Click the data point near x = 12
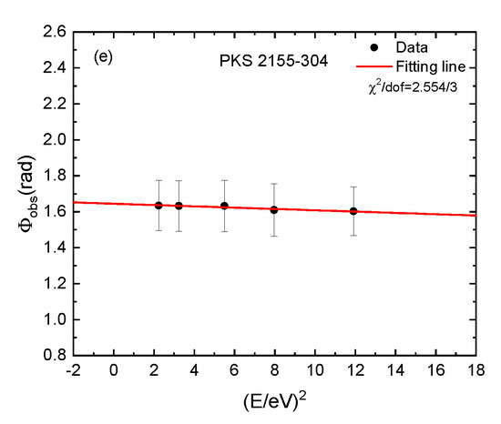(353, 211)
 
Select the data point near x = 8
(274, 209)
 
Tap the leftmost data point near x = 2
(158, 205)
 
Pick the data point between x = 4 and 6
(224, 206)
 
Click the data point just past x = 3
(179, 206)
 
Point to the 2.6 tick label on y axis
(55, 32)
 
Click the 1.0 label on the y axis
(55, 319)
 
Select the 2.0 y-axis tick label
(55, 140)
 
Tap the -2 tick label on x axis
(73, 370)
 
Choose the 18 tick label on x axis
(476, 370)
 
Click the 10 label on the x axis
(315, 370)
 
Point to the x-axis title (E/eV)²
(275, 400)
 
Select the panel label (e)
(103, 57)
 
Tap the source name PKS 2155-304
(273, 61)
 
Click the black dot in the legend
(373, 47)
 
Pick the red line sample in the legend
(374, 66)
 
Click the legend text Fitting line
(431, 66)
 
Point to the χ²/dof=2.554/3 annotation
(413, 86)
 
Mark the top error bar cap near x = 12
(353, 187)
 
